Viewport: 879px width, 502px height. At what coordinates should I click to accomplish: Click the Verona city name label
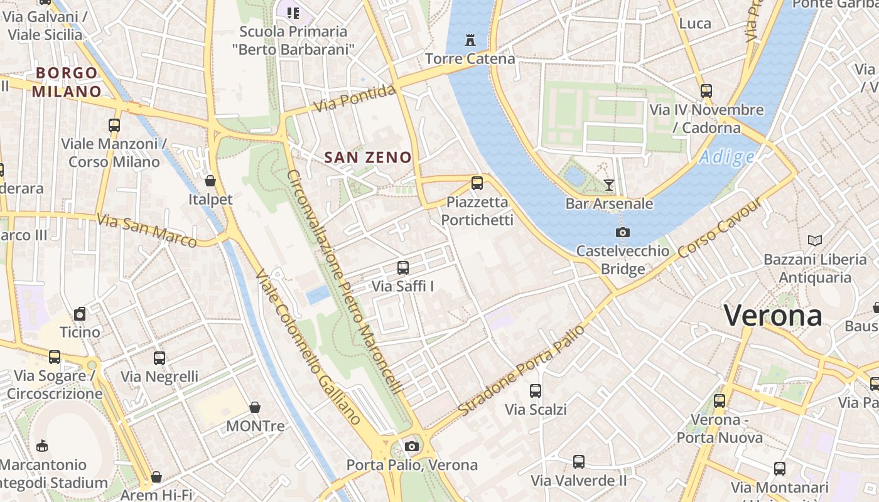pos(773,315)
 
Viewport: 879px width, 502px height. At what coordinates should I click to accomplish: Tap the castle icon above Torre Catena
pos(470,40)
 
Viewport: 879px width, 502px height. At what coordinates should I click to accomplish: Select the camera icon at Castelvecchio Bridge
pos(622,232)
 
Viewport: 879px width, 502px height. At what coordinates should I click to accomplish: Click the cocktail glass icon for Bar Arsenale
pos(608,184)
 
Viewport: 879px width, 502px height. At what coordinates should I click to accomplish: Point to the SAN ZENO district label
pos(368,158)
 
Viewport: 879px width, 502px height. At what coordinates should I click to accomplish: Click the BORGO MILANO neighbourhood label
pos(67,82)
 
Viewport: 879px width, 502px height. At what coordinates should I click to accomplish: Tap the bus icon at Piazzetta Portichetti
pos(477,183)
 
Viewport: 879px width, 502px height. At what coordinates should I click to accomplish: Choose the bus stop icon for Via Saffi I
pos(403,268)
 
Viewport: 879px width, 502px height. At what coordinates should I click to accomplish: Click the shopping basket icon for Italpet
pos(210,181)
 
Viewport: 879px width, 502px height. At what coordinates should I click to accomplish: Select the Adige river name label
pos(726,157)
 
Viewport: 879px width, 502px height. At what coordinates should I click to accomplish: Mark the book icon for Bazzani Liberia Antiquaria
pos(814,240)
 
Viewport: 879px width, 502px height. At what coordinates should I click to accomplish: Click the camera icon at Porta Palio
pos(412,446)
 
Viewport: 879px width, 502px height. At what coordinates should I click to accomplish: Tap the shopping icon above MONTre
pos(255,407)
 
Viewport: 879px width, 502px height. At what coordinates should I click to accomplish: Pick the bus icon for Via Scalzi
pos(536,390)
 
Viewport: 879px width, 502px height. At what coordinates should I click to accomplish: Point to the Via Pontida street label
pos(355,99)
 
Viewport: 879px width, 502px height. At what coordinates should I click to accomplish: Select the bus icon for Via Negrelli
pos(159,358)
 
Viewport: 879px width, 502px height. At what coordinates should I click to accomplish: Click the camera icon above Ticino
pos(80,313)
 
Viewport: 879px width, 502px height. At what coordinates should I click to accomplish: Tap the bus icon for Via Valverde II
pos(579,462)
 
